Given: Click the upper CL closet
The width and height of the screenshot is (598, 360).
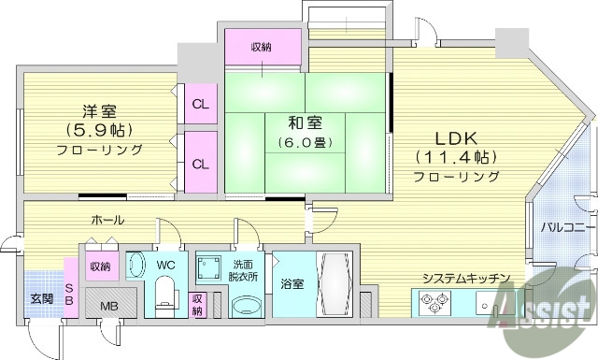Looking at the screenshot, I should [200, 103].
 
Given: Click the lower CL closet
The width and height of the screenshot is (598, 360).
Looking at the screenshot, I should [200, 163].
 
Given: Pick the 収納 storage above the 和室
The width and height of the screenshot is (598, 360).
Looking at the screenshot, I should [263, 47].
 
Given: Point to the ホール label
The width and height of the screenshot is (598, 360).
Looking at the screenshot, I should [108, 220].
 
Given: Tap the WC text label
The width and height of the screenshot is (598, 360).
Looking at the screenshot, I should [166, 266].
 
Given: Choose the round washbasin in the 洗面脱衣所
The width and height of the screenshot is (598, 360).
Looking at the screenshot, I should [246, 305].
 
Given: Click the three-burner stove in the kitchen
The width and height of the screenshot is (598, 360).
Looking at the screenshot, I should [434, 303].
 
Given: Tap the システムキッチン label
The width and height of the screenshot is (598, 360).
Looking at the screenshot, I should [465, 279].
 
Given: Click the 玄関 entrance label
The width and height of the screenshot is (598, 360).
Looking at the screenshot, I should [40, 299].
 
